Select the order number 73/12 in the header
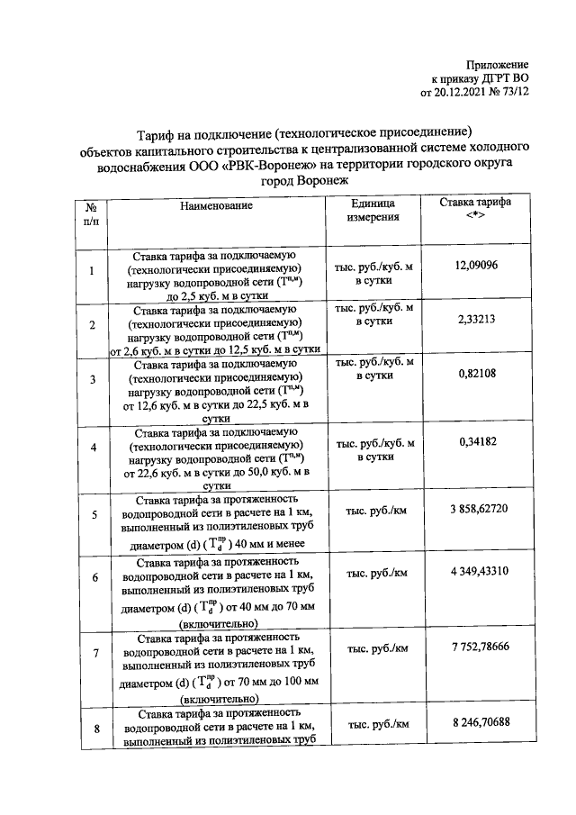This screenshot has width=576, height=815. (x=514, y=91)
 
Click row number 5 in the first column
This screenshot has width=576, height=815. (x=94, y=515)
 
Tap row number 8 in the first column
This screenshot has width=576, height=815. (x=94, y=729)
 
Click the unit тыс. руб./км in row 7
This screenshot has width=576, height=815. (x=377, y=647)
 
